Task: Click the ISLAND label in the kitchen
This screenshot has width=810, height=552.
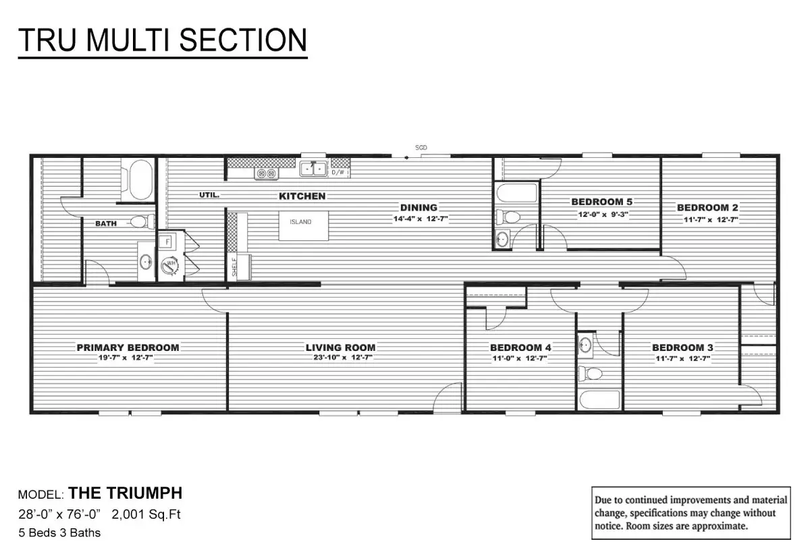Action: click(300, 222)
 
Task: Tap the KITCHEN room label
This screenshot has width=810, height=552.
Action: click(302, 196)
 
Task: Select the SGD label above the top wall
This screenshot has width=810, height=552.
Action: click(421, 148)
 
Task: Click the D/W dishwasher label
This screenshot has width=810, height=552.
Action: click(337, 173)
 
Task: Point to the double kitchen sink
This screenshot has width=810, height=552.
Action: click(313, 169)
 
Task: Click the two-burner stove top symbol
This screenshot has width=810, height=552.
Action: click(267, 173)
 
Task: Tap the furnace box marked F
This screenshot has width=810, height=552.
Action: click(167, 242)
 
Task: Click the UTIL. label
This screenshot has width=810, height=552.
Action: click(209, 195)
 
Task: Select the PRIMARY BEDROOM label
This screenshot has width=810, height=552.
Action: click(128, 348)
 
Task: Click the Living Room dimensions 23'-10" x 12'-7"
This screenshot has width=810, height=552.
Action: click(343, 358)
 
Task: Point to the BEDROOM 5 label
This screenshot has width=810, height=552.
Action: click(602, 202)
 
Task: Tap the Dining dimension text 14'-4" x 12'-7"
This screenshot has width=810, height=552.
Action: click(421, 219)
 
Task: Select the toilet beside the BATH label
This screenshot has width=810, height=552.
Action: click(142, 221)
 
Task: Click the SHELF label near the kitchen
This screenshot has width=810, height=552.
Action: click(234, 267)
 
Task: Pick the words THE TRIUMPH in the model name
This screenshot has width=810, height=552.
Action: click(126, 493)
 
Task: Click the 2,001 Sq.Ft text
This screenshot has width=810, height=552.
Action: click(146, 514)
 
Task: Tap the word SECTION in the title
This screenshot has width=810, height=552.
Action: click(243, 40)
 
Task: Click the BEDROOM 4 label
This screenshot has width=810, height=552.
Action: click(520, 348)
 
